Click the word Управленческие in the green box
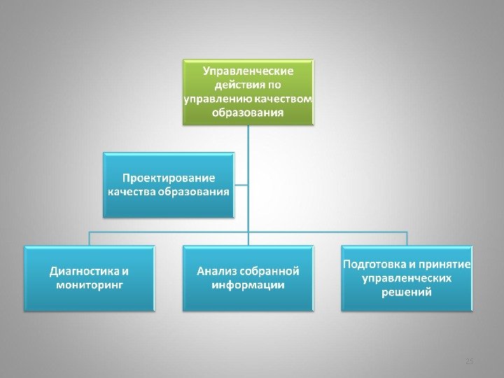click(248, 71)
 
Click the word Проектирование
click(169, 178)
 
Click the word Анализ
click(216, 271)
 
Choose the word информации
click(248, 285)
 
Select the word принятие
click(444, 265)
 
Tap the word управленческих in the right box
click(407, 279)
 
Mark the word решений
click(407, 293)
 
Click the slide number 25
click(470, 360)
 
